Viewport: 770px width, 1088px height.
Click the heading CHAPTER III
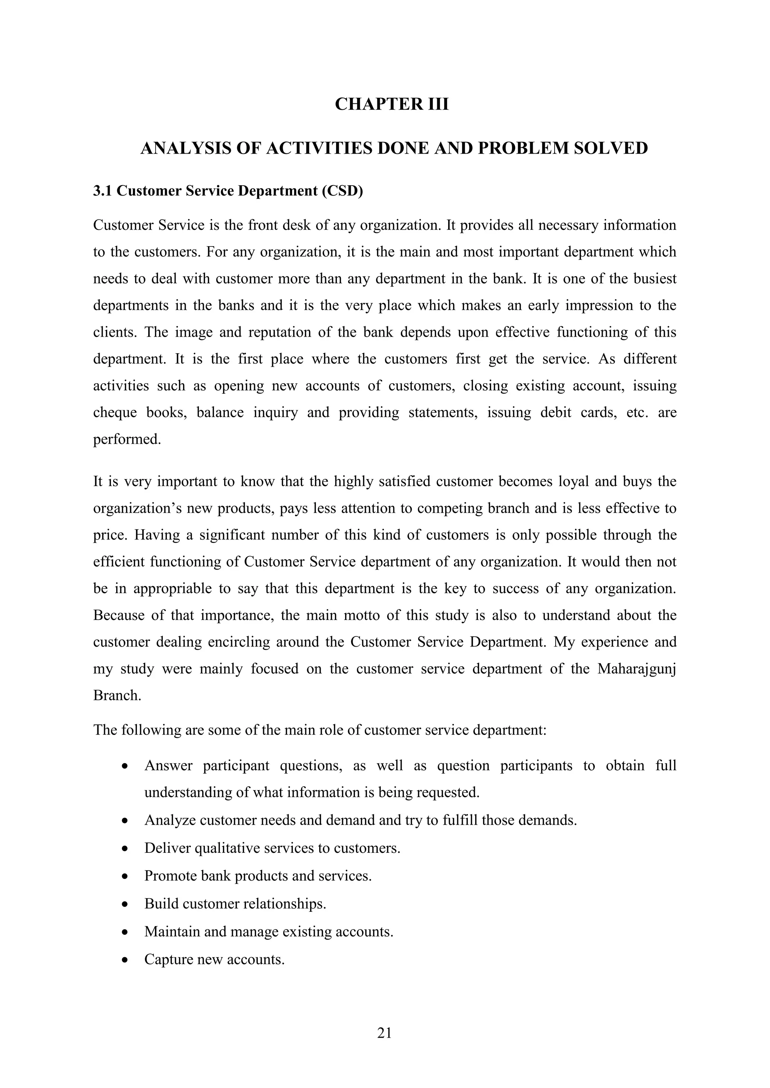[x=392, y=104]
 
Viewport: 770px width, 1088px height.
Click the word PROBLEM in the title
[x=523, y=148]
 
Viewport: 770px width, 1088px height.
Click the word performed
[x=127, y=439]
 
